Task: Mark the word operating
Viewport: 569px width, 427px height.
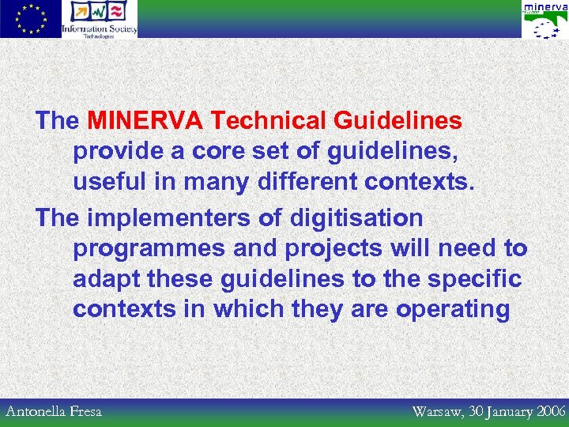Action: pyautogui.click(x=453, y=309)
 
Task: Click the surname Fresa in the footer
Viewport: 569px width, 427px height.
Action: pyautogui.click(x=86, y=411)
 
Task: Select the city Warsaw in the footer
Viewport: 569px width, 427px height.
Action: pyautogui.click(x=439, y=411)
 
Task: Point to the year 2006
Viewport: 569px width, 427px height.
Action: pyautogui.click(x=548, y=411)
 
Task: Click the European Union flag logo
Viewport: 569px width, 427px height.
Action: pyautogui.click(x=31, y=19)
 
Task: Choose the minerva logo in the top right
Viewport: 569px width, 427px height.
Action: pyautogui.click(x=545, y=19)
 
